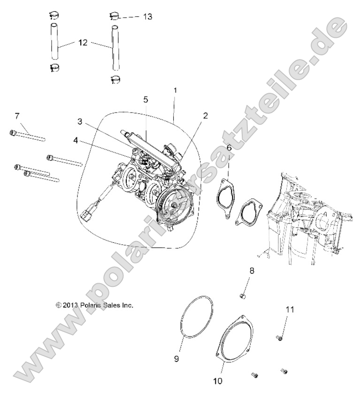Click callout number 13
pos(147,16)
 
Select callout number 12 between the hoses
pos(83,43)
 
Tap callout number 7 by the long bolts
pos(17,116)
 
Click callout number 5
pos(146,99)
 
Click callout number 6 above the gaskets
pos(229,148)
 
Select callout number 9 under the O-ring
pos(177,359)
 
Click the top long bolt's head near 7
pos(12,133)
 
